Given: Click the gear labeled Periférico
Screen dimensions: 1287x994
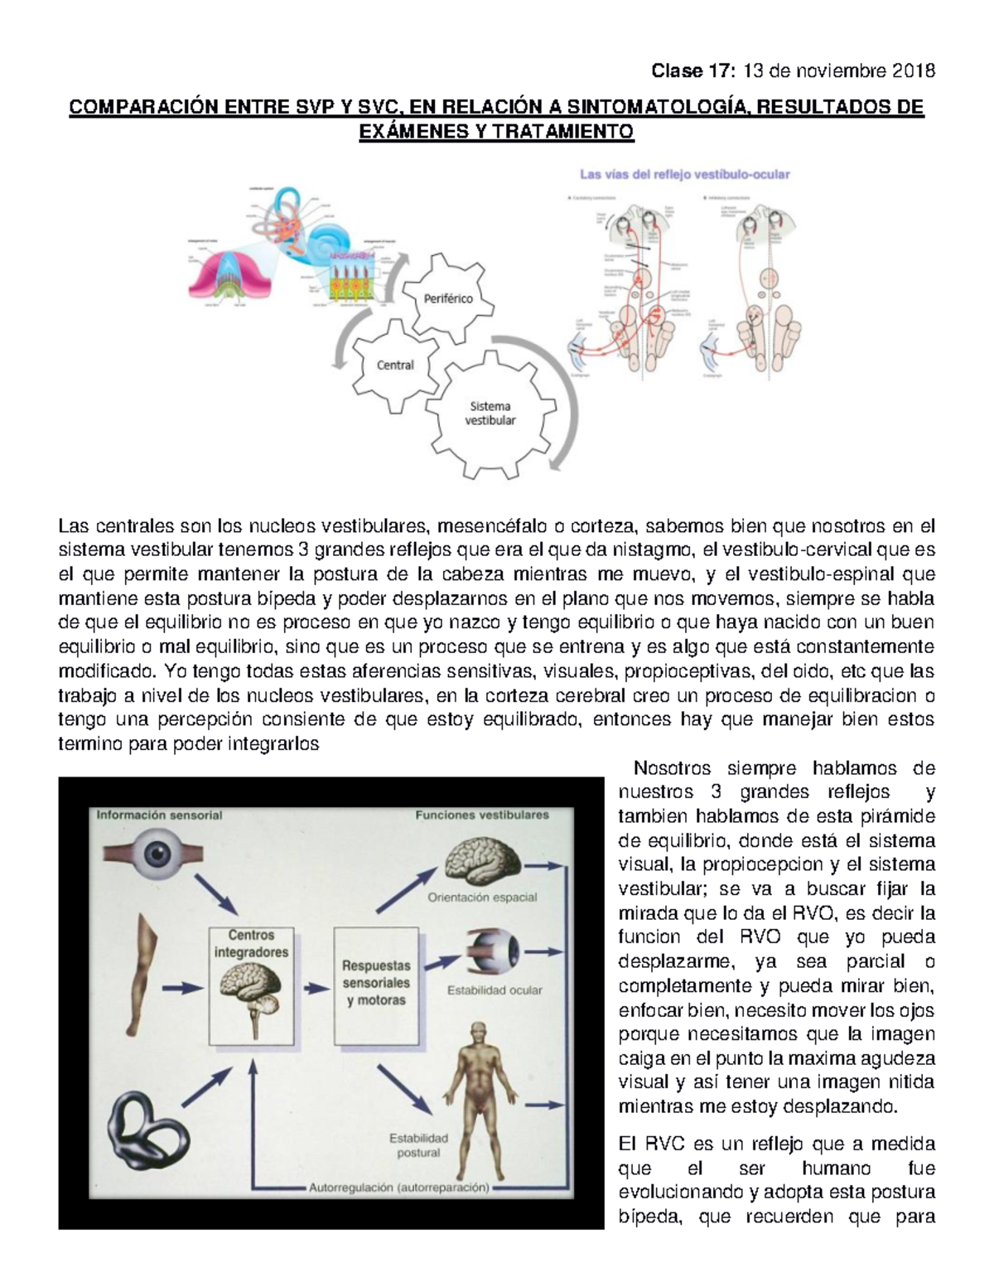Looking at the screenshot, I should (448, 298).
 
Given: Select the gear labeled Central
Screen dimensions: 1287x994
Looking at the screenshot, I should (395, 365).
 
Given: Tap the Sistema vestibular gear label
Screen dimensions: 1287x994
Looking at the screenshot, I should (490, 413).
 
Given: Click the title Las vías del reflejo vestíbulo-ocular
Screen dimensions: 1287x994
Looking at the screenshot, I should (684, 175).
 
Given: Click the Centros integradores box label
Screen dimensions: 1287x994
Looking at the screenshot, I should (251, 944).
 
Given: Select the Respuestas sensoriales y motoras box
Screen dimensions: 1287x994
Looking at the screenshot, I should (376, 983).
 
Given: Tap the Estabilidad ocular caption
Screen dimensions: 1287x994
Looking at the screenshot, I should (495, 989).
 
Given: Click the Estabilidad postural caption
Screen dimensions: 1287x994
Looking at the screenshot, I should (418, 1145).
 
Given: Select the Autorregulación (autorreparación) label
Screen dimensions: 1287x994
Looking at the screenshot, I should (398, 1187).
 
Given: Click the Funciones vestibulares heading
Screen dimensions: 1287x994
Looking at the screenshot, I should (481, 815).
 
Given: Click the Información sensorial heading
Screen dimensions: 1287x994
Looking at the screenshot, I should (159, 815).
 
